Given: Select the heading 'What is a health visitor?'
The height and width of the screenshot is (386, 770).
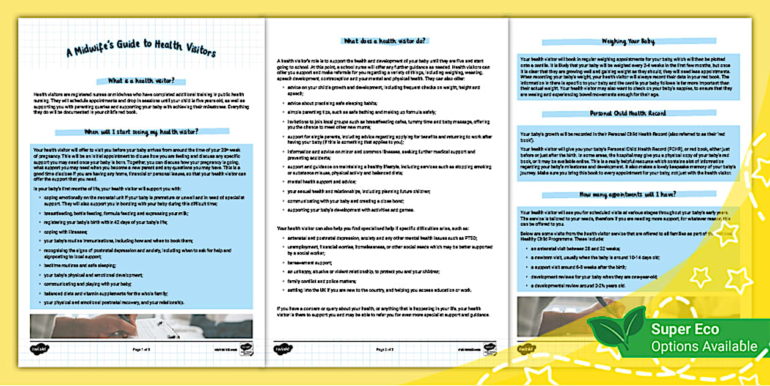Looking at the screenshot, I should tap(141, 81).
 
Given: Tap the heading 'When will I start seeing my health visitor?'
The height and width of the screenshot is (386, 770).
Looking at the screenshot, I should tap(141, 131).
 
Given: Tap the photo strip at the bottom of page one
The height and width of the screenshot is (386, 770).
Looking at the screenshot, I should tap(141, 327).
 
